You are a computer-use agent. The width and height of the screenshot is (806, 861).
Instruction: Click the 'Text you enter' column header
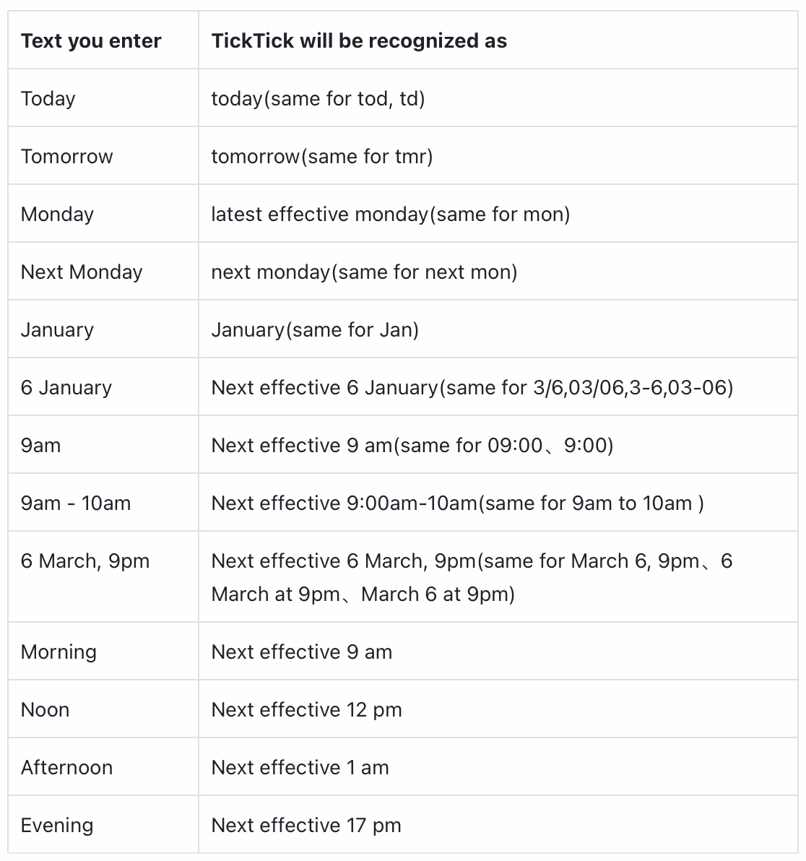tap(91, 41)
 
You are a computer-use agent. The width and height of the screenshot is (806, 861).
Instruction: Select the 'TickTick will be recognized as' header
tap(359, 41)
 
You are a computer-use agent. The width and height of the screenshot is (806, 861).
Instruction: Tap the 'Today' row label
tap(48, 99)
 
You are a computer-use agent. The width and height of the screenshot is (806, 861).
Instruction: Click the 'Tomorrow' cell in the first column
tap(67, 157)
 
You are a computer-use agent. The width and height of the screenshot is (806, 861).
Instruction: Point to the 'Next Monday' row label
tap(82, 272)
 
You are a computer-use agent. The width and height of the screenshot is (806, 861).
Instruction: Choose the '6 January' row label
tap(66, 388)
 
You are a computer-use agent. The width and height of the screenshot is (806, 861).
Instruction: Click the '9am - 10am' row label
tap(76, 503)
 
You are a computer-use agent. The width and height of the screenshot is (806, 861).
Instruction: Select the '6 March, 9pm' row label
tap(85, 561)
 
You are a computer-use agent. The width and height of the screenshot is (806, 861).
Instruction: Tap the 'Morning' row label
tap(58, 652)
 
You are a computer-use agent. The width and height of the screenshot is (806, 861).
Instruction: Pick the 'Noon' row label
tap(45, 710)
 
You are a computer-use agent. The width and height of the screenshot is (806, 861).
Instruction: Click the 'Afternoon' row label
tap(67, 768)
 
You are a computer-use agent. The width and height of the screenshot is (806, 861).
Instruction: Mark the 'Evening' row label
tap(57, 826)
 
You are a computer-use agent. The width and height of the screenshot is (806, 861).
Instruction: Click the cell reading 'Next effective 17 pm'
tap(306, 826)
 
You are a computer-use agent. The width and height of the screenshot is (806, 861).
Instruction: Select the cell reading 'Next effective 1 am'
tap(300, 768)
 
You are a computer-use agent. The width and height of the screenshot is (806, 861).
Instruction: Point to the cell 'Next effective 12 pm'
tap(306, 710)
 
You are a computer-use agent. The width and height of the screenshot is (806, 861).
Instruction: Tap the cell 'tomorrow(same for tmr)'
tap(322, 157)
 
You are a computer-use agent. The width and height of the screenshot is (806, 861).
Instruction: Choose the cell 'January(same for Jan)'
tap(315, 330)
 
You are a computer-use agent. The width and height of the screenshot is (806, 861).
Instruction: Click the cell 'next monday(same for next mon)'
tap(364, 272)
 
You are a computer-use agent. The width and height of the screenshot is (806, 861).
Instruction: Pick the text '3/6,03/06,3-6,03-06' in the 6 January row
tap(633, 388)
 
